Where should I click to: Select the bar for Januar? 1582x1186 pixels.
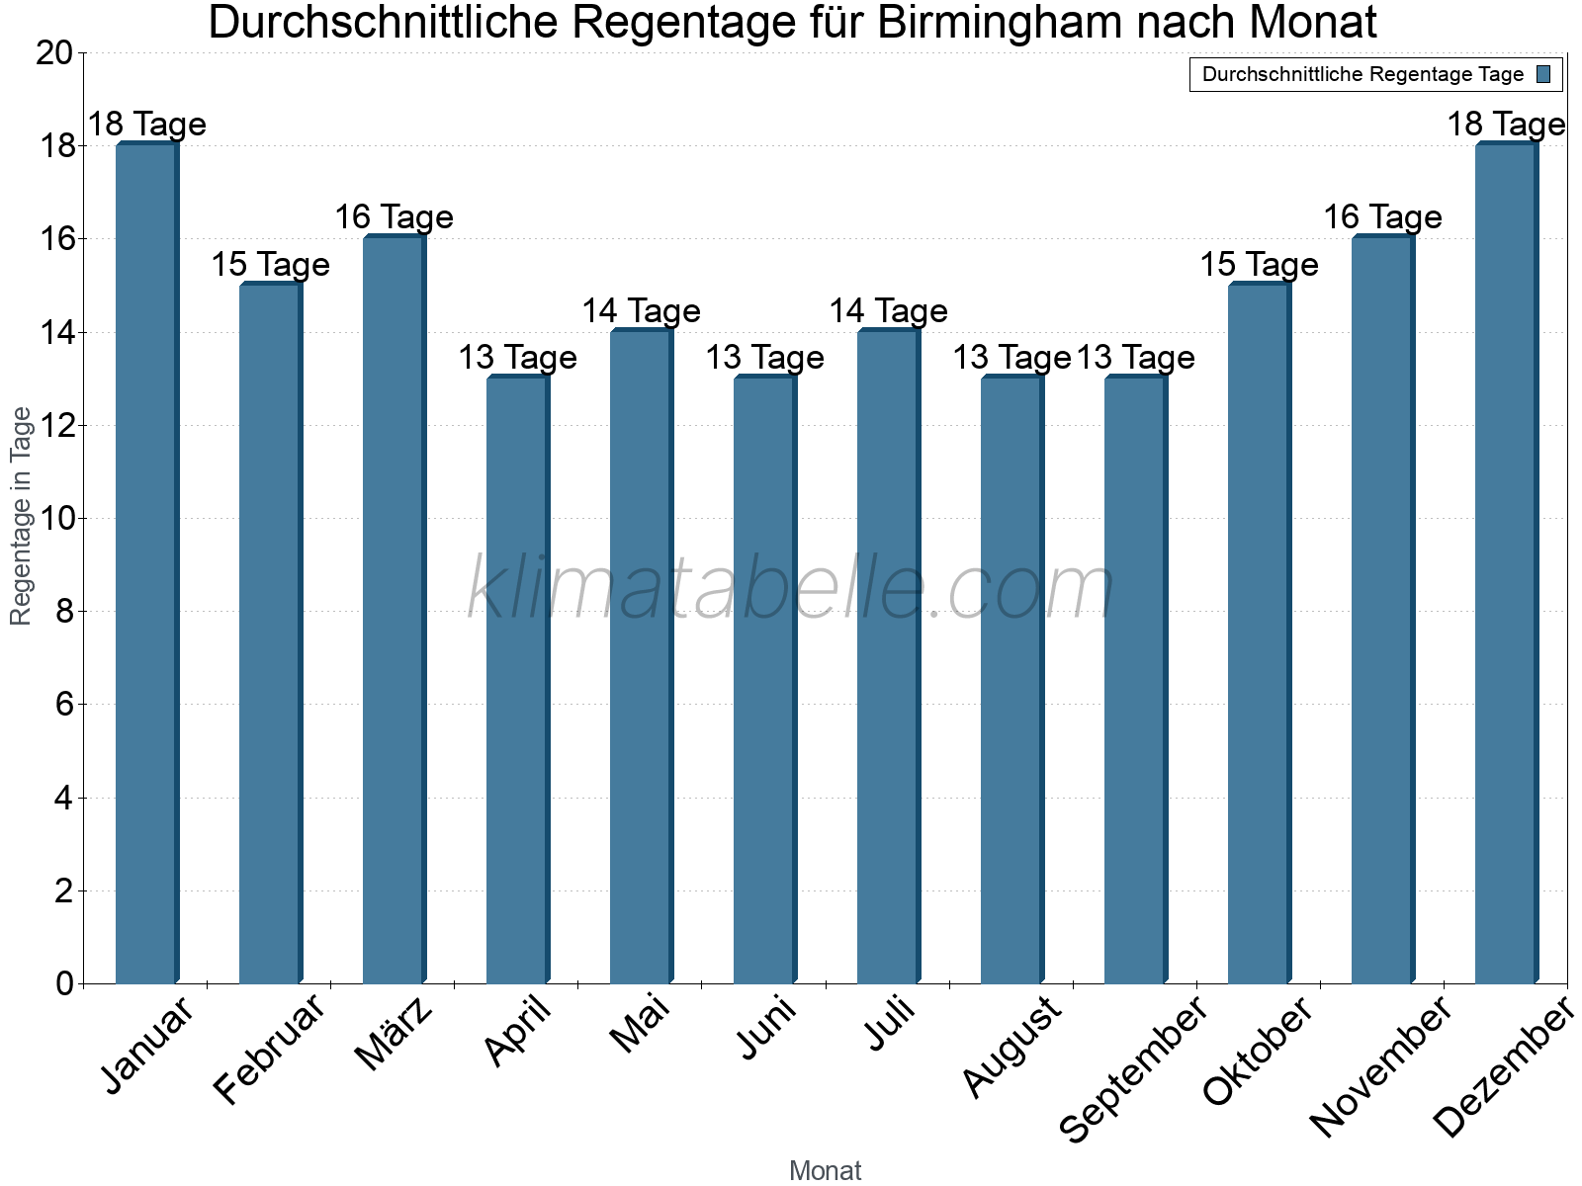(146, 563)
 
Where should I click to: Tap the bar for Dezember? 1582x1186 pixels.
(1506, 563)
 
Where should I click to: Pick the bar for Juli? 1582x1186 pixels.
(888, 657)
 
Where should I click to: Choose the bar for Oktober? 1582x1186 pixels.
(1259, 633)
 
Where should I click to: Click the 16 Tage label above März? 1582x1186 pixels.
(394, 217)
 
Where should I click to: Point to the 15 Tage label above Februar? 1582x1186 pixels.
(270, 265)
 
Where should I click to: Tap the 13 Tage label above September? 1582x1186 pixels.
(1135, 358)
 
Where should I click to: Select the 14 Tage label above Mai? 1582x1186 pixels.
(641, 311)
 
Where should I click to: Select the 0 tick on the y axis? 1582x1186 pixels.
(65, 983)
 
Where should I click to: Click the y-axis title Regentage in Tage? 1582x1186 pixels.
(21, 516)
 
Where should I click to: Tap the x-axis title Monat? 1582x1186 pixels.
(825, 1171)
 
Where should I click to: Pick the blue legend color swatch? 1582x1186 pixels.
(1543, 74)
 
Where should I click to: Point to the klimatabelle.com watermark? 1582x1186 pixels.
(791, 588)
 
